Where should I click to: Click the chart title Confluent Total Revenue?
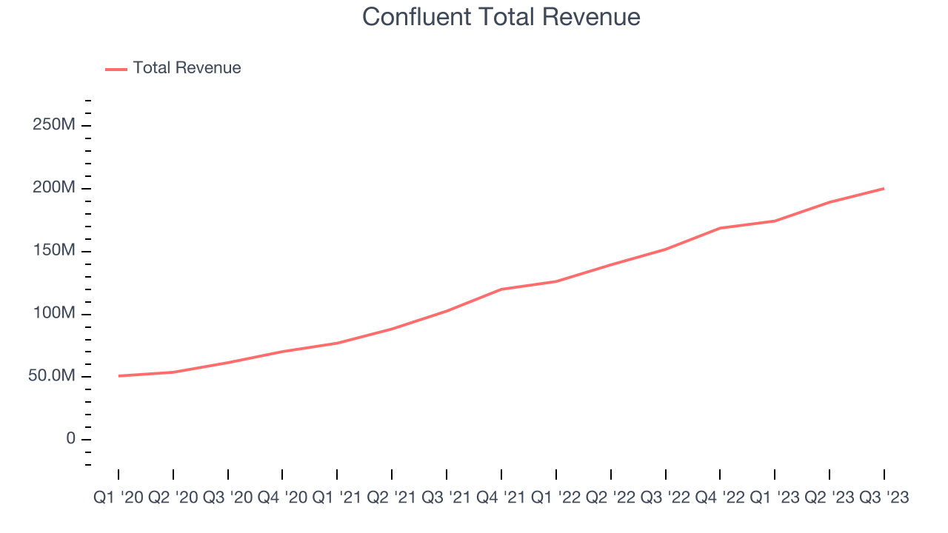click(x=501, y=17)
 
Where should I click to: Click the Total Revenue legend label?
click(x=187, y=68)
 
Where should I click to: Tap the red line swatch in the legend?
click(x=116, y=69)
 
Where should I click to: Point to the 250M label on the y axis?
click(x=53, y=125)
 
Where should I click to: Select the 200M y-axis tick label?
click(x=53, y=188)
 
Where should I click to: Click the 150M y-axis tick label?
click(x=53, y=251)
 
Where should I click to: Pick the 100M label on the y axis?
click(x=53, y=314)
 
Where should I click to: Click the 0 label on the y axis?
click(x=70, y=439)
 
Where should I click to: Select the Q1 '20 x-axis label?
click(x=118, y=498)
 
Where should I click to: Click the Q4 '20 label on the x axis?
click(x=283, y=498)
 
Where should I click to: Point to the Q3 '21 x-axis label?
click(x=447, y=498)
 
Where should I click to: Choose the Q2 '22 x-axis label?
click(x=611, y=498)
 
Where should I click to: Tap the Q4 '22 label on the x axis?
click(x=721, y=498)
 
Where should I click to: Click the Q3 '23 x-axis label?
click(x=884, y=498)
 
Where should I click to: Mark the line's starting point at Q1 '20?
click(x=118, y=376)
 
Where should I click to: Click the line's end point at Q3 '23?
click(x=884, y=188)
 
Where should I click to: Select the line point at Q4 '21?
click(x=501, y=289)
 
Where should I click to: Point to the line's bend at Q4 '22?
click(x=720, y=228)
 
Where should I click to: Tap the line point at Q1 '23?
click(x=775, y=221)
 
